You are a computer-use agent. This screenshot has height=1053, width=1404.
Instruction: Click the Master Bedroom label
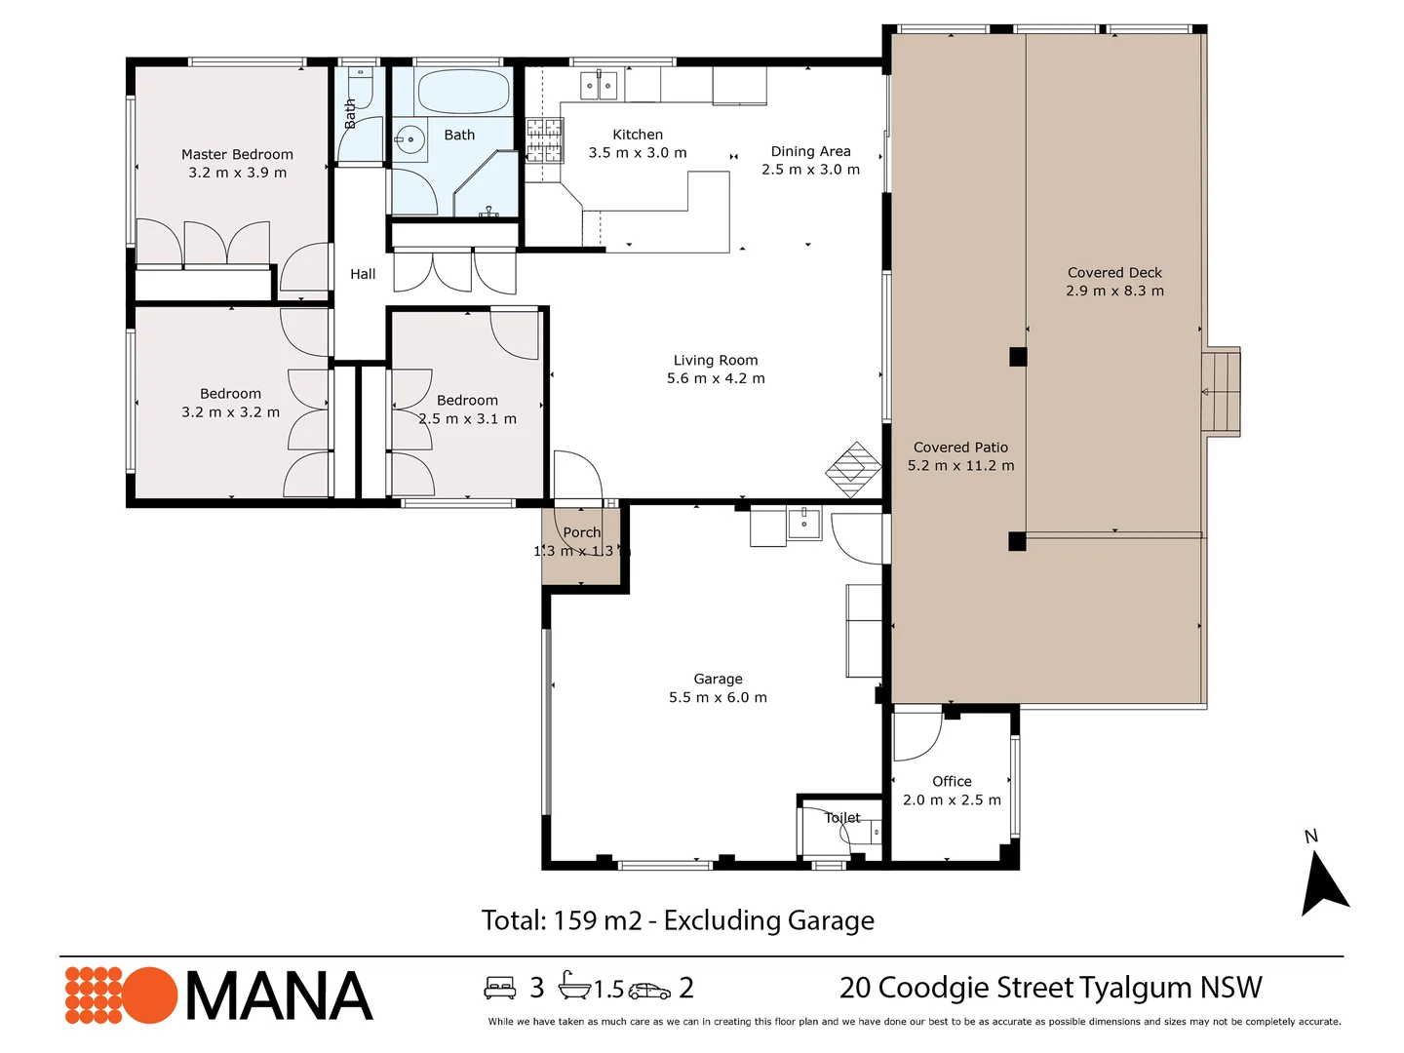pos(237,154)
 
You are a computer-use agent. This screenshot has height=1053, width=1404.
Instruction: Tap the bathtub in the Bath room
pos(463,92)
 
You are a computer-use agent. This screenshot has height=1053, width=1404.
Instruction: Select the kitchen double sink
pos(599,86)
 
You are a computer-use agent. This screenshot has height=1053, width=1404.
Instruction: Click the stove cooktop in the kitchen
pos(544,139)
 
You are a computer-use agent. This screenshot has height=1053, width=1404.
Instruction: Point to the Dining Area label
pos(810,151)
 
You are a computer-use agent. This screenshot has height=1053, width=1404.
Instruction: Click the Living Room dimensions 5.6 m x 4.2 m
pos(716,378)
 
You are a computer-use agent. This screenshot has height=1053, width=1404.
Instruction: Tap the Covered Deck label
pos(1114,273)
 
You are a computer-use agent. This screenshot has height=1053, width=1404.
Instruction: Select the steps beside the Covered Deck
pos(1221,392)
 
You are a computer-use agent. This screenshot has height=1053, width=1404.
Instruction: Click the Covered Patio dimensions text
pos(960,465)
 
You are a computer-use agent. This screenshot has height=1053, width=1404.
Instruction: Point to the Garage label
pos(718,679)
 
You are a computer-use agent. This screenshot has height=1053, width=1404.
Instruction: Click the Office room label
pos(952,781)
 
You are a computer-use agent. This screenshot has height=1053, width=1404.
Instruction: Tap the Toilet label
pos(842,818)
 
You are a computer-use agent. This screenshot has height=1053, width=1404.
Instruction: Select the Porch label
pos(582,532)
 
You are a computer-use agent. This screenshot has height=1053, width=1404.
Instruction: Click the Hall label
pos(363,274)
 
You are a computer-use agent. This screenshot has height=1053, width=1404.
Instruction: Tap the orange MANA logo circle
pos(149,995)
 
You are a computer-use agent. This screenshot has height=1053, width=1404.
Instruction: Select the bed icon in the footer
pos(500,988)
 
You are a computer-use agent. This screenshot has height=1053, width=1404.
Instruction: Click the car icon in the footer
pos(649,991)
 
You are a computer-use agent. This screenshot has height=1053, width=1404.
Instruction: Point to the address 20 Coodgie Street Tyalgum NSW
pos(1050,988)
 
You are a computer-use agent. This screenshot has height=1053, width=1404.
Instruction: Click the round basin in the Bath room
pos(410,139)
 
